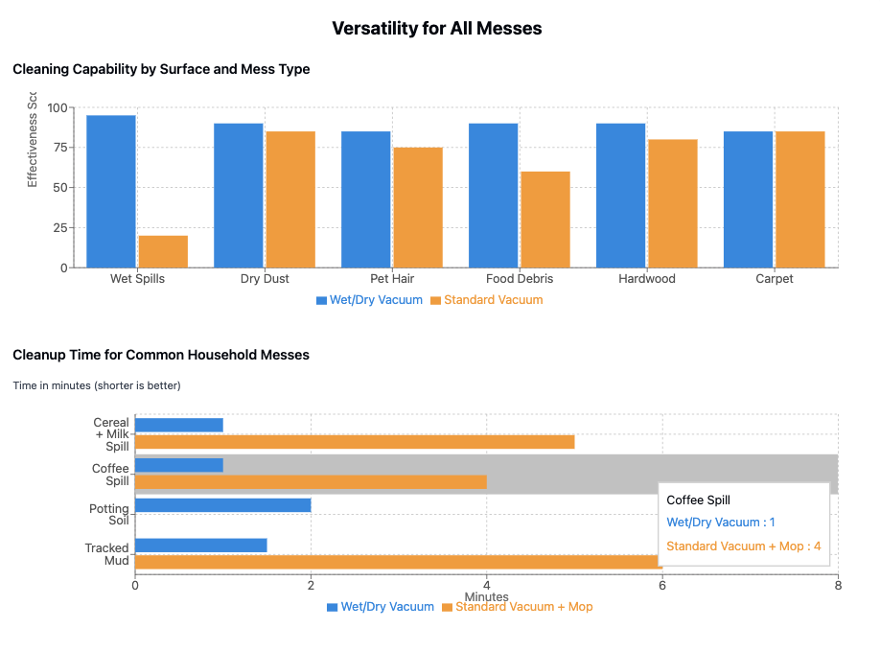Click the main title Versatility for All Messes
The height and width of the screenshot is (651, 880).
pyautogui.click(x=437, y=29)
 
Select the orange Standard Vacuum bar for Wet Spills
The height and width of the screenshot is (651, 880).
pyautogui.click(x=163, y=251)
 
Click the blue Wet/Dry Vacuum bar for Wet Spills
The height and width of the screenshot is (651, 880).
pyautogui.click(x=111, y=192)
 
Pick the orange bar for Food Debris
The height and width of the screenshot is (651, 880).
pyautogui.click(x=545, y=220)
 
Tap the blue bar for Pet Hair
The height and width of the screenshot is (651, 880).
pyautogui.click(x=366, y=199)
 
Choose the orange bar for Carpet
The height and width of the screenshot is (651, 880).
pyautogui.click(x=800, y=199)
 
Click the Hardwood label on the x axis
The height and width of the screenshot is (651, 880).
pyautogui.click(x=647, y=279)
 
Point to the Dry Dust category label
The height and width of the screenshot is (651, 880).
pyautogui.click(x=265, y=279)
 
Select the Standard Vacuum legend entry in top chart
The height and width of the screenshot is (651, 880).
pyautogui.click(x=486, y=300)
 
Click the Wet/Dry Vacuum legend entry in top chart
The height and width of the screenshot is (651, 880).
pyautogui.click(x=369, y=300)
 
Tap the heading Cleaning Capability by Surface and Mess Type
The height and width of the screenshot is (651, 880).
pyautogui.click(x=161, y=69)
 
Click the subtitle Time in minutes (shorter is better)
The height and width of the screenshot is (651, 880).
pyautogui.click(x=97, y=385)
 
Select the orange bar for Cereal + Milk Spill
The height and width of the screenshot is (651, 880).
pyautogui.click(x=355, y=442)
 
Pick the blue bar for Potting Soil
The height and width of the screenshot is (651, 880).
pyautogui.click(x=222, y=504)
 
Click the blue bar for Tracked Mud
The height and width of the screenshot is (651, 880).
pyautogui.click(x=200, y=546)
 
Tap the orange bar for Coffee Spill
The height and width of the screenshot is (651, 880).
pyautogui.click(x=311, y=481)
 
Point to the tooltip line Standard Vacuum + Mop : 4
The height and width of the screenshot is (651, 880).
pyautogui.click(x=743, y=546)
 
